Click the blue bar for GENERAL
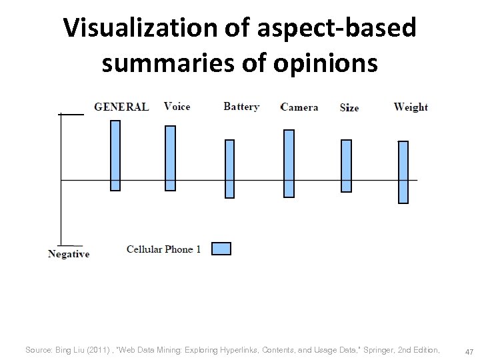[115, 155]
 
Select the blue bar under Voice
[170, 158]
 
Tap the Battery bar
[229, 169]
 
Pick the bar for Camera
[289, 163]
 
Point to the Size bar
[346, 166]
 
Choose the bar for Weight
[403, 172]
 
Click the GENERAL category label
[121, 107]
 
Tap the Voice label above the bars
[177, 107]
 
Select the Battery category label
[241, 107]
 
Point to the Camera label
[299, 107]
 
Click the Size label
[349, 108]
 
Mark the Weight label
[411, 107]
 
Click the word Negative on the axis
[69, 254]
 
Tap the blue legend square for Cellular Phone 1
[221, 249]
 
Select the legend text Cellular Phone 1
[164, 249]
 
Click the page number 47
[469, 351]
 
